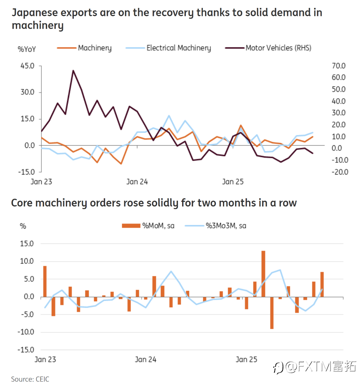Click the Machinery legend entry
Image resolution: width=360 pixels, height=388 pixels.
(x=94, y=48)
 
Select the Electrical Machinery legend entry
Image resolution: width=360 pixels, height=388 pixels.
(x=178, y=48)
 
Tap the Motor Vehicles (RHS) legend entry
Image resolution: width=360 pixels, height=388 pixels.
(x=278, y=48)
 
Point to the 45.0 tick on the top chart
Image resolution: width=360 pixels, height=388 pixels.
(x=27, y=66)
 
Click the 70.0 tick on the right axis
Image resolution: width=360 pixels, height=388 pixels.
(x=338, y=66)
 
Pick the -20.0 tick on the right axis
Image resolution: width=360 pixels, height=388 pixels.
(x=338, y=172)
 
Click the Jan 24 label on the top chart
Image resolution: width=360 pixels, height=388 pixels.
(x=137, y=182)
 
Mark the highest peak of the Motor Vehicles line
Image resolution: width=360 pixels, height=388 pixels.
(x=73, y=70)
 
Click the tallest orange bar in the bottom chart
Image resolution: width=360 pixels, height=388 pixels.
(x=263, y=274)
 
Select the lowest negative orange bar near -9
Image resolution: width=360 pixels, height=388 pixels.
(x=272, y=313)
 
